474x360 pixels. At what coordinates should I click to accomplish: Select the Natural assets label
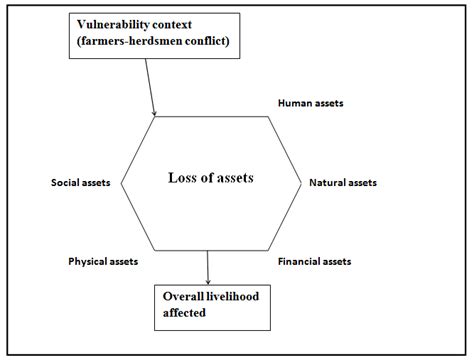(343, 183)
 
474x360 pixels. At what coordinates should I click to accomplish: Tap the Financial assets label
(314, 261)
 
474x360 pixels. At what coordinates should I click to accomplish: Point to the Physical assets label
(103, 261)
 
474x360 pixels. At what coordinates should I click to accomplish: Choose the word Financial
(300, 261)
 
